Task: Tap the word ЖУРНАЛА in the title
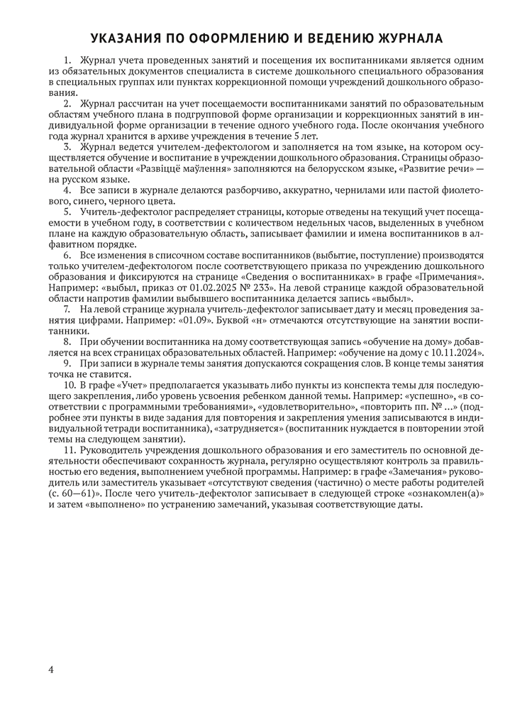click(x=406, y=38)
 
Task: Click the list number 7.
click(x=67, y=310)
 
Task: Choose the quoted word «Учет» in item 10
click(x=131, y=386)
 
